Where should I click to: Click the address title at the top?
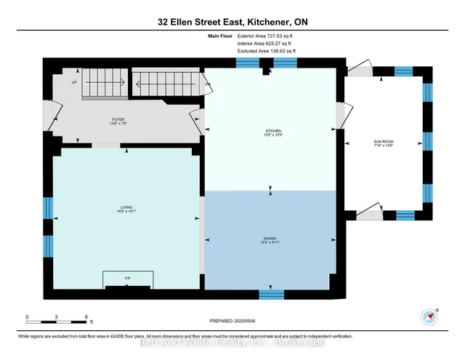pos(232,22)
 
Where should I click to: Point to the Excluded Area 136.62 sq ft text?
pos(267,52)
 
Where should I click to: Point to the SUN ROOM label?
pos(382,143)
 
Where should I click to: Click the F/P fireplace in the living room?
pos(127,279)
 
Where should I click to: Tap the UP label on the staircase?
pos(74,82)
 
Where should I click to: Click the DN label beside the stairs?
pos(207,84)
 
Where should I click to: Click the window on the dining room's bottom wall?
pos(271,295)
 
